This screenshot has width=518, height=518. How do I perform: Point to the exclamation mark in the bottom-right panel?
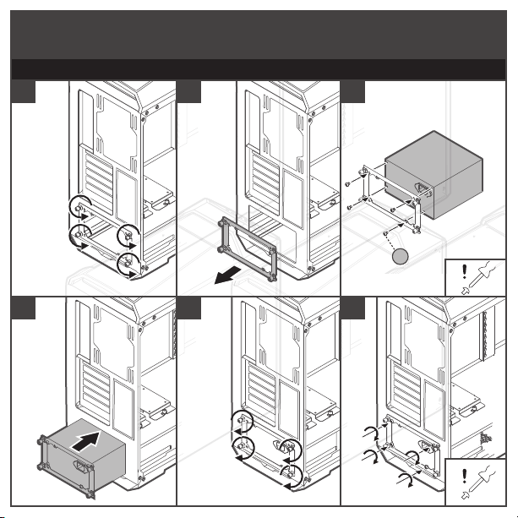pyautogui.click(x=464, y=483)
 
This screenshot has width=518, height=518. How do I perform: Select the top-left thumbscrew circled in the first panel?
pyautogui.click(x=78, y=206)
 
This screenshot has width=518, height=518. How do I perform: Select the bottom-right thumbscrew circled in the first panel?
pyautogui.click(x=128, y=264)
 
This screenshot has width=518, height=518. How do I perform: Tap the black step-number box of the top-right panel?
pyautogui.click(x=353, y=90)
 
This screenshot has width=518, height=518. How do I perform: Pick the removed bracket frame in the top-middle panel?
pyautogui.click(x=246, y=249)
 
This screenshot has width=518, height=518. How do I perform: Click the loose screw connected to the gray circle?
pyautogui.click(x=385, y=232)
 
